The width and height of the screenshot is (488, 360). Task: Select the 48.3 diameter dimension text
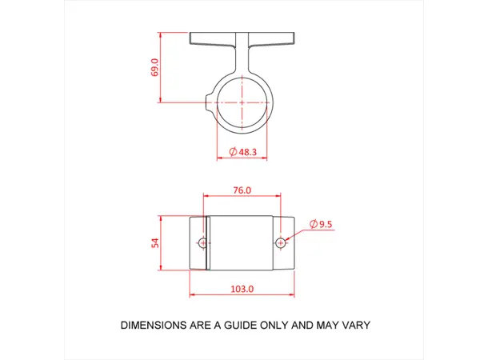(x=247, y=151)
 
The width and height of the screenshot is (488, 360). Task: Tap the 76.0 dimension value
(x=242, y=190)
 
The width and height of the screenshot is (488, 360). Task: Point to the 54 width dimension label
(x=154, y=242)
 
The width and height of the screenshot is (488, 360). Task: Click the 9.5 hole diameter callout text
(x=326, y=225)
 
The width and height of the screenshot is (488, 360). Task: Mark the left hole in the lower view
(x=203, y=242)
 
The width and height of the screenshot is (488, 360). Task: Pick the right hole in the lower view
(x=280, y=242)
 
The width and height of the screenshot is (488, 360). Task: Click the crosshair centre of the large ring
(x=242, y=102)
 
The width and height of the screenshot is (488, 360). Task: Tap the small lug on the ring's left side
(x=210, y=102)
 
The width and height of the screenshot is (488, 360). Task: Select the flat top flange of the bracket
(x=242, y=37)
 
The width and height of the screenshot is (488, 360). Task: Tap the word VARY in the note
(x=354, y=326)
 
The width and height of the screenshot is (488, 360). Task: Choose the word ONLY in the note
(x=278, y=326)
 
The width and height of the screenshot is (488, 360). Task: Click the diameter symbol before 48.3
(x=233, y=151)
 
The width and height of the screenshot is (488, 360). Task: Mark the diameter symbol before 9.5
(x=313, y=225)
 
